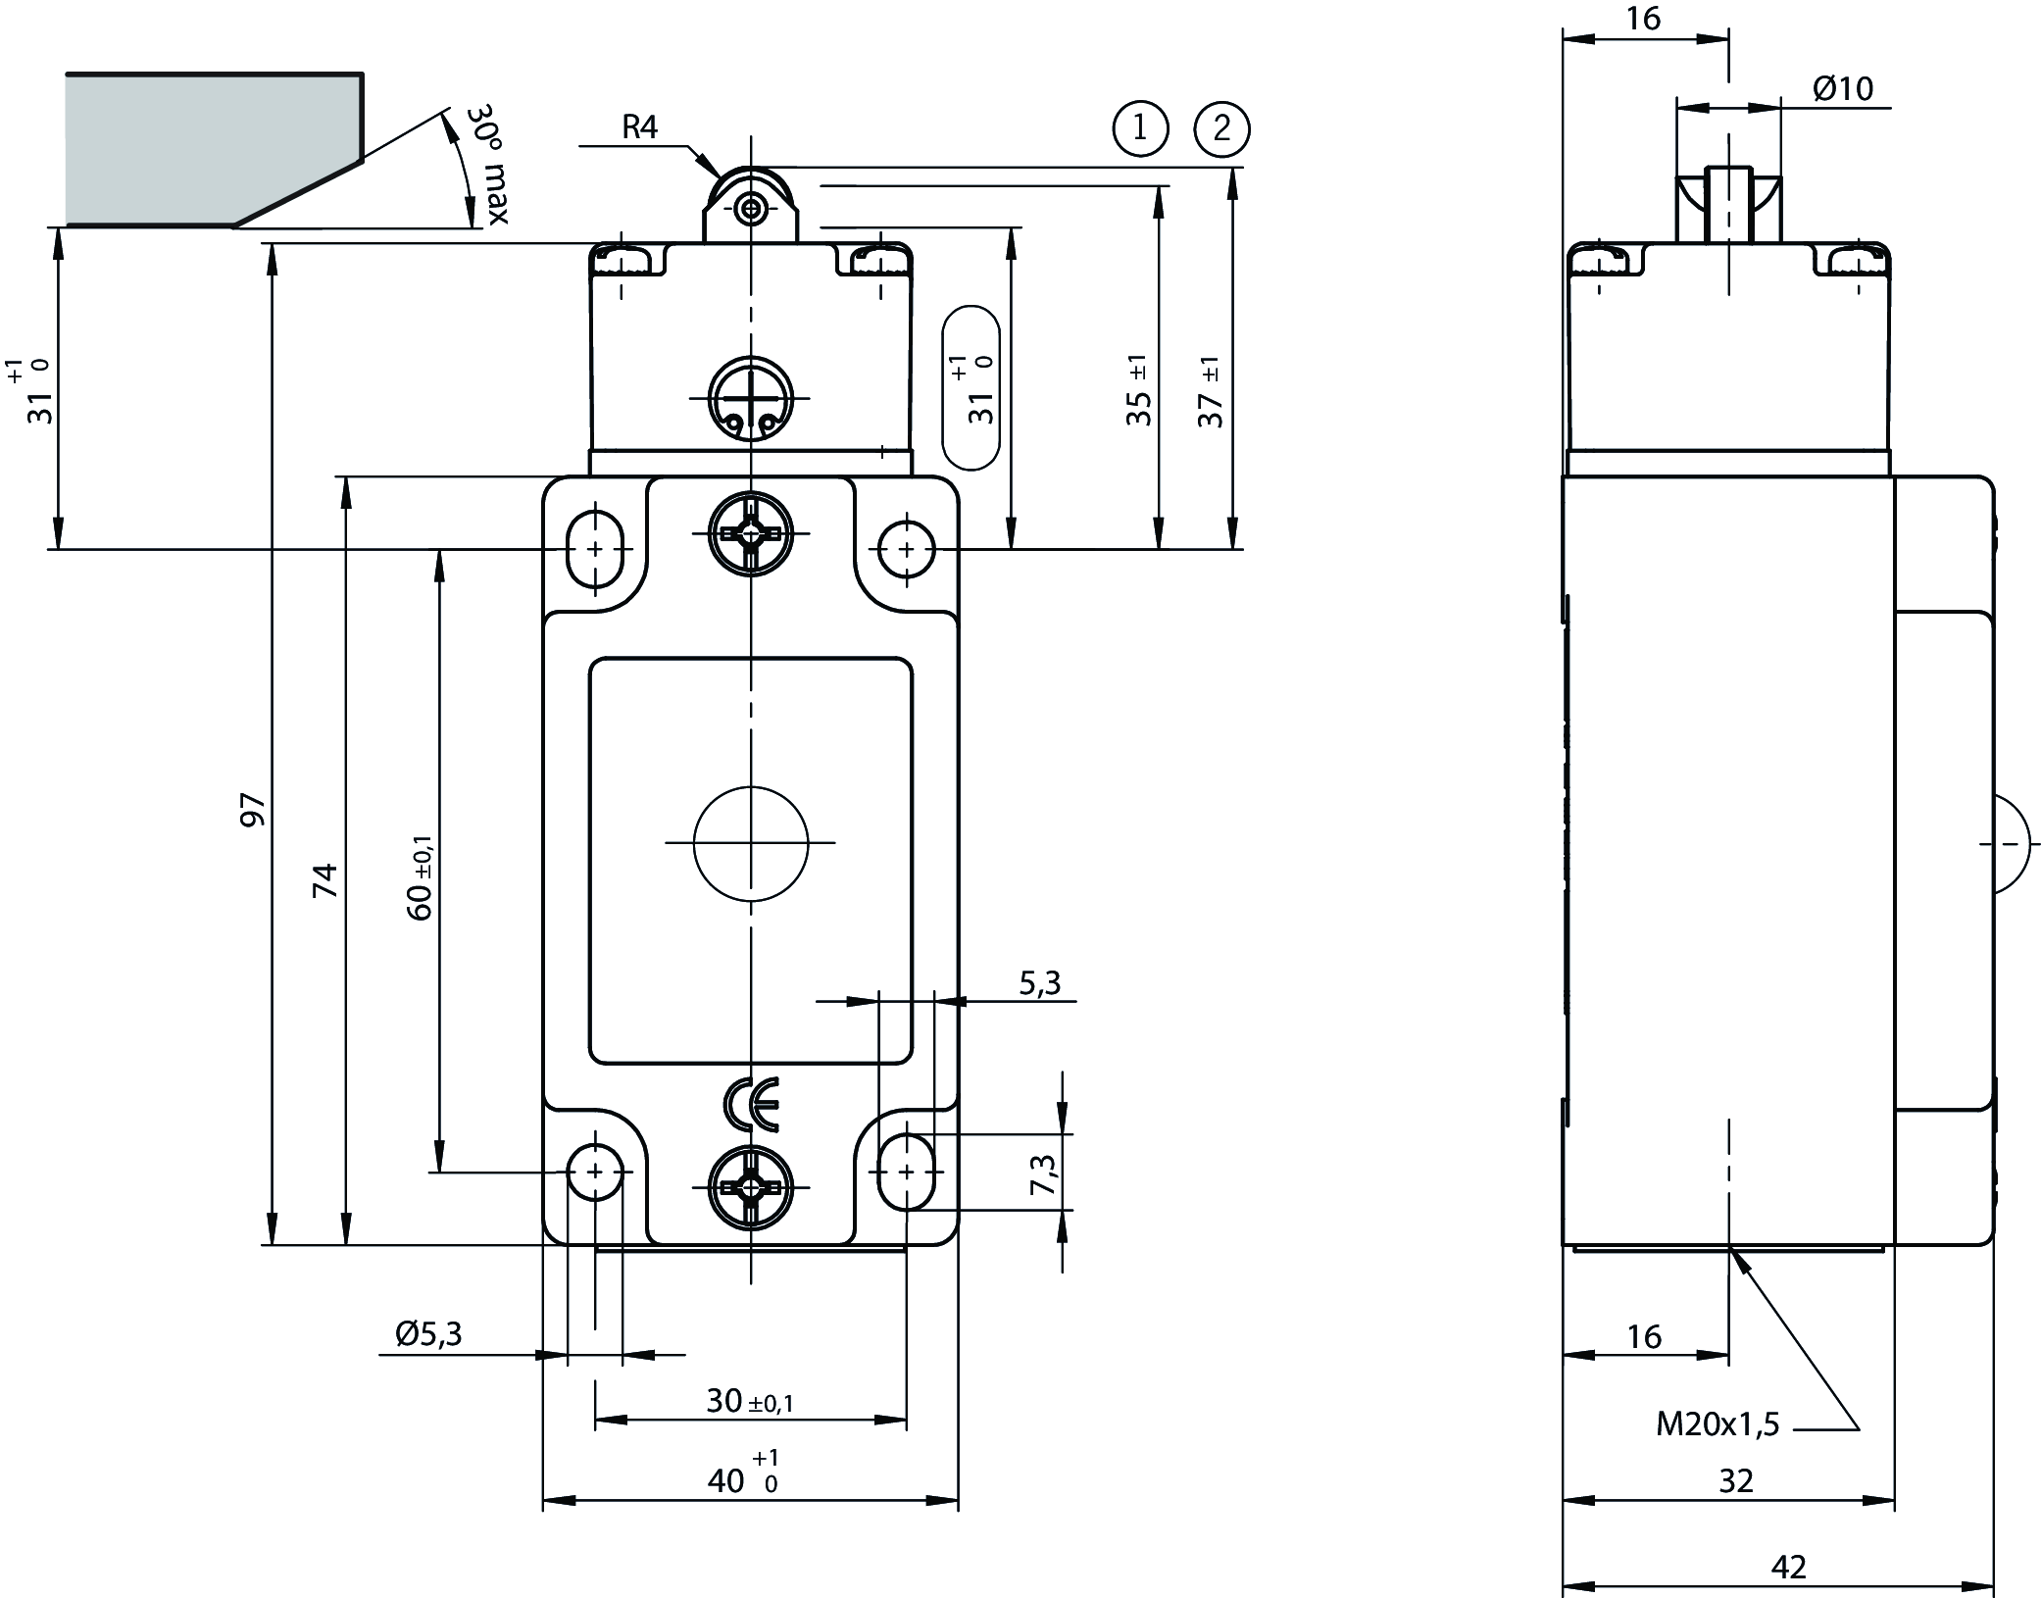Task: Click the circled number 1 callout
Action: click(1140, 128)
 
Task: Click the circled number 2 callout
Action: click(1221, 128)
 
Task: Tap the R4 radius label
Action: click(639, 126)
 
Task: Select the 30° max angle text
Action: click(487, 164)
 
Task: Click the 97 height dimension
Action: click(253, 810)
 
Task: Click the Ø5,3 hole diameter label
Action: click(428, 1332)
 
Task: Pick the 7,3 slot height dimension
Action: click(1045, 1174)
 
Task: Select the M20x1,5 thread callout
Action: click(1717, 1423)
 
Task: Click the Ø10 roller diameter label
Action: click(1842, 89)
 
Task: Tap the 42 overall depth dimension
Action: click(1788, 1567)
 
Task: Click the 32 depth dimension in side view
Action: click(1735, 1480)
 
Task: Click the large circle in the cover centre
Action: click(751, 842)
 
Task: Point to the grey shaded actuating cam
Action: click(196, 147)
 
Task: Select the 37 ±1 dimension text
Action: click(1212, 392)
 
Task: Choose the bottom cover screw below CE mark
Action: click(751, 1187)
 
